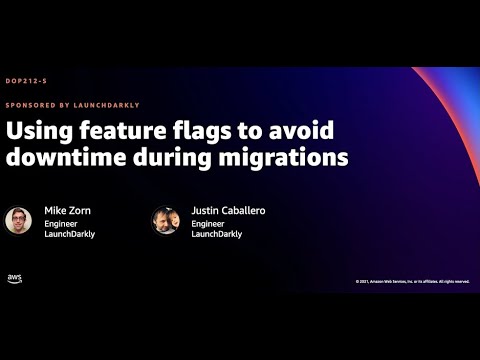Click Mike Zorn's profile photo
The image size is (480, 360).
[18, 220]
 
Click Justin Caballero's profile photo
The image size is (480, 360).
[165, 220]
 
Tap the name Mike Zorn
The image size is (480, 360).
[66, 211]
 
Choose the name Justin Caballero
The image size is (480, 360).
[228, 211]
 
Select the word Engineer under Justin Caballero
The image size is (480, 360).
[208, 224]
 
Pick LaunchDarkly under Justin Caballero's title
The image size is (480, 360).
[215, 235]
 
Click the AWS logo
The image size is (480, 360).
[15, 278]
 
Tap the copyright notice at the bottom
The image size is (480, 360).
[411, 281]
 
